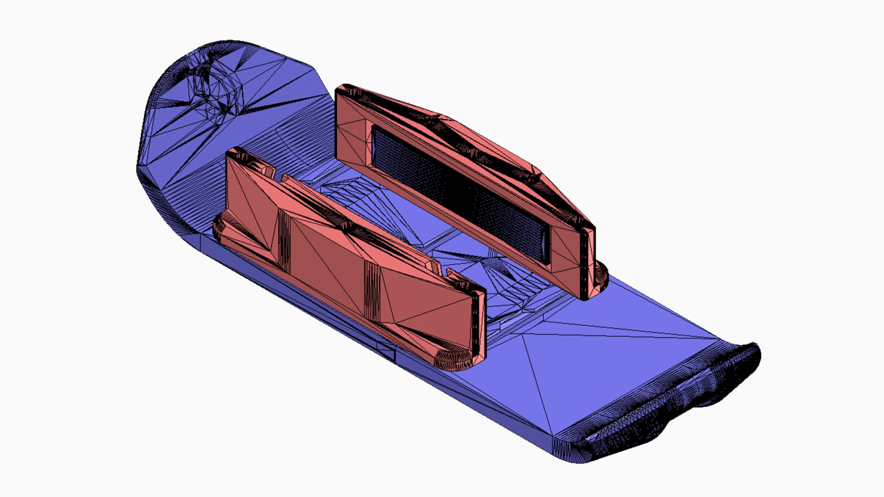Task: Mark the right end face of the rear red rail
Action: (x=587, y=260)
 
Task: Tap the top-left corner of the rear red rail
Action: (x=343, y=88)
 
